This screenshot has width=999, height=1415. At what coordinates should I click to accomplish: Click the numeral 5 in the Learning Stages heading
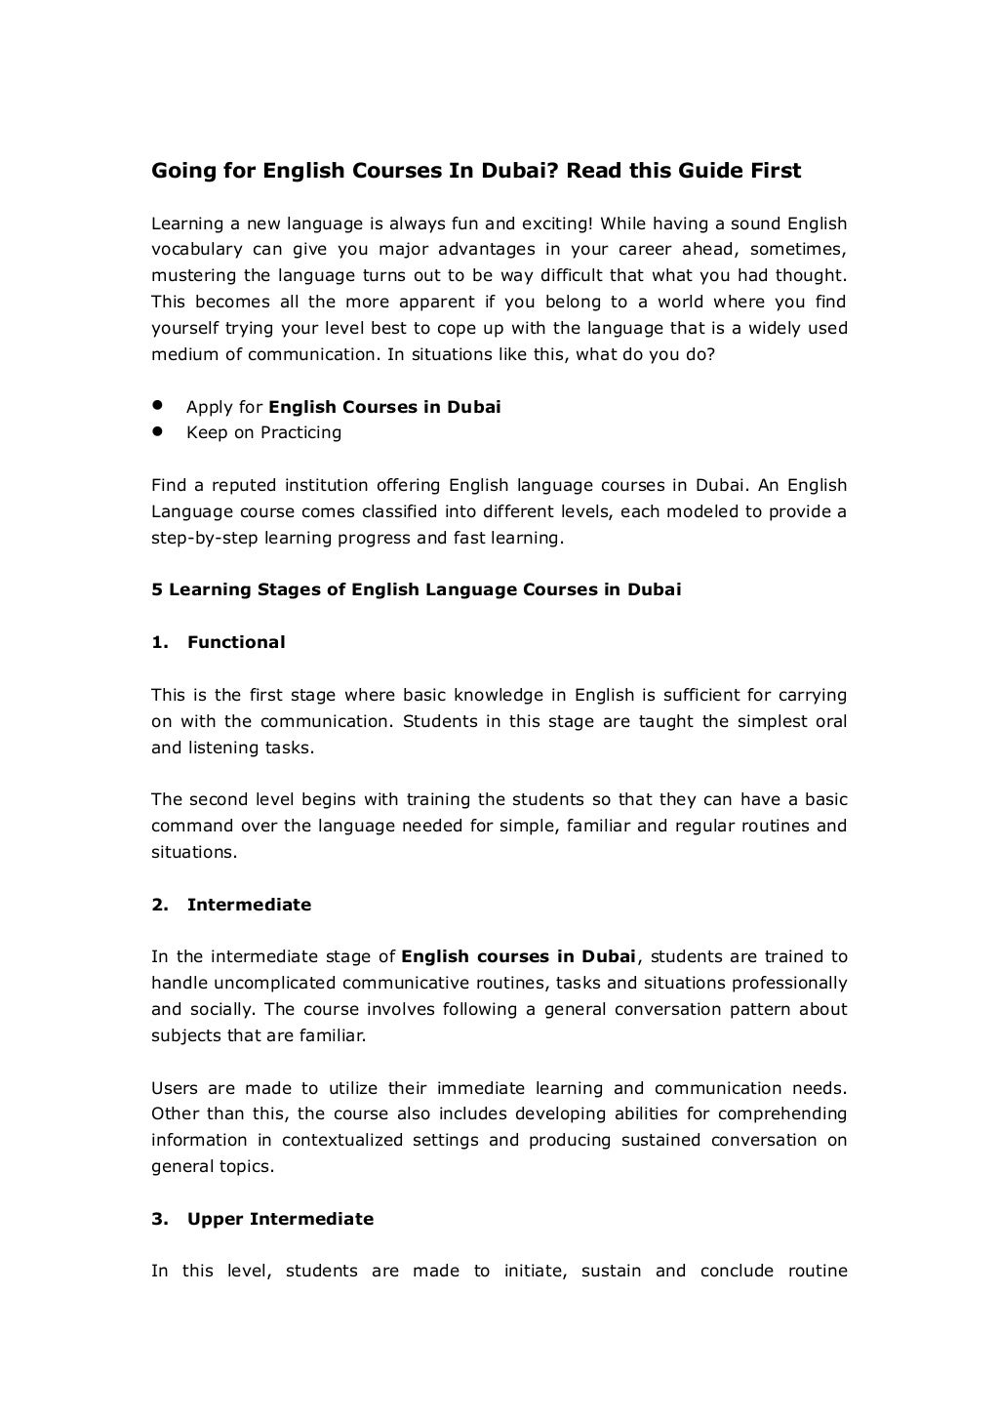pyautogui.click(x=156, y=589)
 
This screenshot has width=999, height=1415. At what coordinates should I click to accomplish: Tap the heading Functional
pyautogui.click(x=236, y=642)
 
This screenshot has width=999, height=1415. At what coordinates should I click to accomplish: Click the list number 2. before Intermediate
pyautogui.click(x=160, y=905)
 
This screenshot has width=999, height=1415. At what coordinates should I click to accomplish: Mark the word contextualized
pyautogui.click(x=340, y=1140)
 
